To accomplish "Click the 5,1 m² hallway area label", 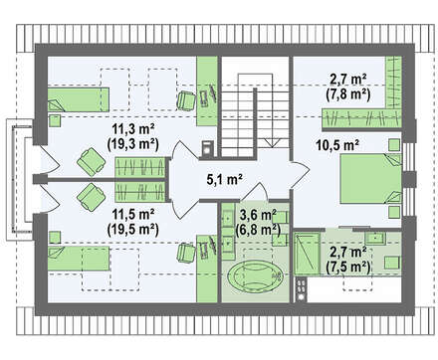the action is [224, 180].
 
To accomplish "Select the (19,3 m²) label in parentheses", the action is [132, 144].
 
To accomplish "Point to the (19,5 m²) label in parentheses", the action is [132, 229].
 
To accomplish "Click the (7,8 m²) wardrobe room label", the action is [348, 94].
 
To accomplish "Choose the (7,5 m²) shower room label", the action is [348, 266].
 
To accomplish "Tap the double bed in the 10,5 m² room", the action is [371, 178].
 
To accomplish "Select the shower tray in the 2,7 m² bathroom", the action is [307, 254].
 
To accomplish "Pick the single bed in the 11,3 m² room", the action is [79, 99].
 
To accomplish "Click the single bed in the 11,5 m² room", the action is [79, 259].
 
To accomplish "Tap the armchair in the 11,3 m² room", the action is [92, 162].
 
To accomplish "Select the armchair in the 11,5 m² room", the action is [92, 197].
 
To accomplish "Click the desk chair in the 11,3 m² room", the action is [186, 100].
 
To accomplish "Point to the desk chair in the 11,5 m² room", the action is [186, 253].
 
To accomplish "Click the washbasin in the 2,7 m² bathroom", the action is [375, 238].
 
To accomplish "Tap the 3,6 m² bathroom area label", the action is [258, 215].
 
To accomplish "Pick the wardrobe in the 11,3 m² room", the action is [140, 167].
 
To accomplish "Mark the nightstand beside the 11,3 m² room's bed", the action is [55, 120].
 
